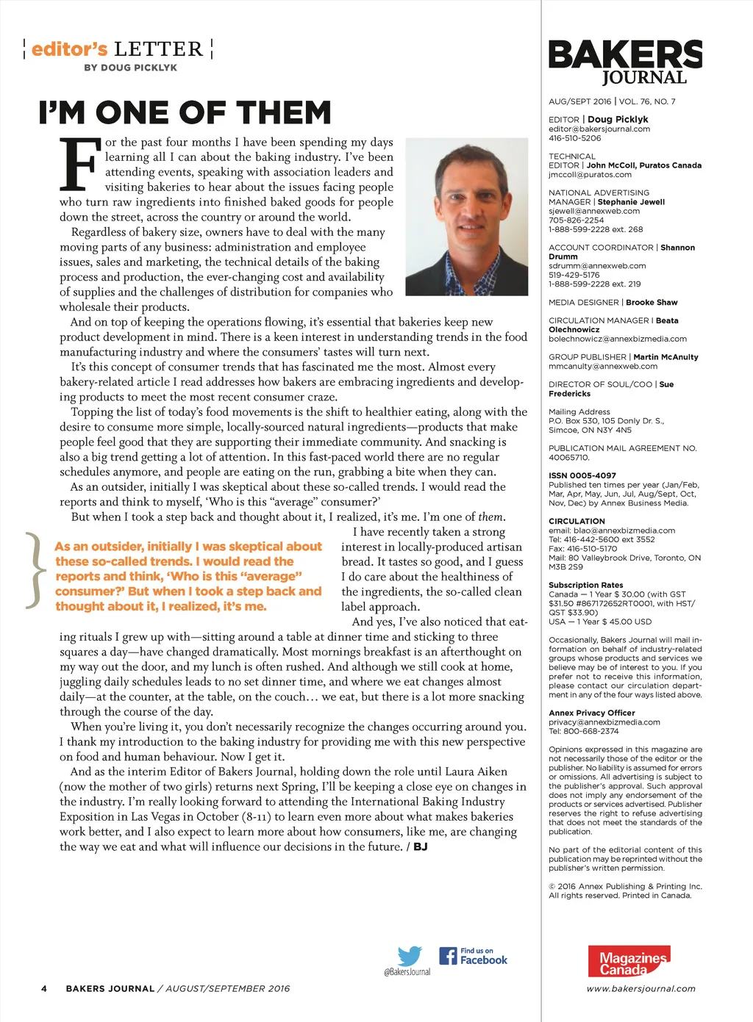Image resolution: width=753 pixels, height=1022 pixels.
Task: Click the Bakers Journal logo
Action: click(625, 62)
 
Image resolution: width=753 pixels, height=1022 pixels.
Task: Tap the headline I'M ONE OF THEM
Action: click(185, 113)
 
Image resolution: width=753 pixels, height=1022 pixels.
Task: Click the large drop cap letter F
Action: click(79, 164)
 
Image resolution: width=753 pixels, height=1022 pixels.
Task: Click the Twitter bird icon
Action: click(410, 956)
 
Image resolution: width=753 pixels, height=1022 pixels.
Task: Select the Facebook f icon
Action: click(448, 956)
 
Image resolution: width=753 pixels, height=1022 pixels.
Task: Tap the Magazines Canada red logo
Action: click(629, 961)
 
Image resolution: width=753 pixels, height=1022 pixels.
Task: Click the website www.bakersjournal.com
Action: click(640, 988)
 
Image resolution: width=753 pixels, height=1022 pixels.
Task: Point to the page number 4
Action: click(44, 988)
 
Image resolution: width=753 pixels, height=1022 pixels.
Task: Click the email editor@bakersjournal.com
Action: click(599, 129)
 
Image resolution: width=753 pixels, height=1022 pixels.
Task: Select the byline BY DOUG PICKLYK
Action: click(130, 68)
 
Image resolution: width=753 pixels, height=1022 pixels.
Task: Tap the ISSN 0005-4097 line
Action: click(582, 475)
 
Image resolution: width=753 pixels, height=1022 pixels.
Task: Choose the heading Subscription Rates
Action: click(585, 585)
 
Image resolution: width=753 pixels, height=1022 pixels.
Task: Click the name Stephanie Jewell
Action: click(631, 201)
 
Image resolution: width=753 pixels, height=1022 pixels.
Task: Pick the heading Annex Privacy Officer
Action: click(591, 713)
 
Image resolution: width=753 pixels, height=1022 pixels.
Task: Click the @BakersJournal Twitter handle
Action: click(407, 972)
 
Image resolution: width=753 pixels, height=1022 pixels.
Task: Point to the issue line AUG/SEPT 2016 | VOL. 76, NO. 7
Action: click(612, 101)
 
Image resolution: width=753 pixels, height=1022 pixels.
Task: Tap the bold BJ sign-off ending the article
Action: click(420, 846)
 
